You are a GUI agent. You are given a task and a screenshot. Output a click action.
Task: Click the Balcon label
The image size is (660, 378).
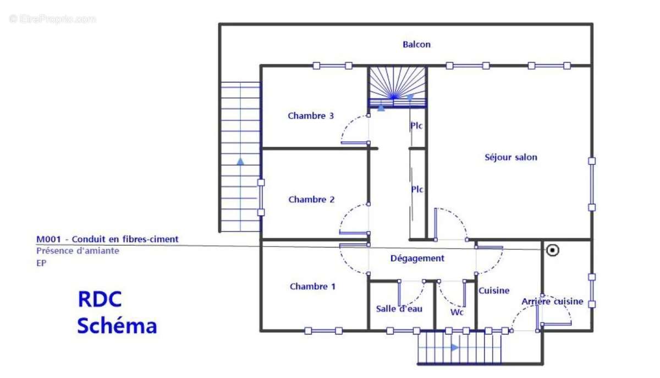click(x=416, y=45)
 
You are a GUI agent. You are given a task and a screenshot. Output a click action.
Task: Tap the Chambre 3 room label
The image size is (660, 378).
click(x=311, y=116)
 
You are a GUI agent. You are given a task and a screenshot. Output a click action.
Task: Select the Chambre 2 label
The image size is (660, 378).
click(x=311, y=200)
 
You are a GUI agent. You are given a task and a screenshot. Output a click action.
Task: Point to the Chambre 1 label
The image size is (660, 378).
click(x=312, y=287)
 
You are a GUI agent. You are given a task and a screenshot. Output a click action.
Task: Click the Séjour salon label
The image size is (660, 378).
click(x=510, y=157)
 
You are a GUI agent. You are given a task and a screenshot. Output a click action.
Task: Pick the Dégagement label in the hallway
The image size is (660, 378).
click(x=417, y=259)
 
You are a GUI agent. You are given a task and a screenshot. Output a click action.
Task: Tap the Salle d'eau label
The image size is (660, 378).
click(x=399, y=309)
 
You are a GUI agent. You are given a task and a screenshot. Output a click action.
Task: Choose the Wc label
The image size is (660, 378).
click(x=457, y=312)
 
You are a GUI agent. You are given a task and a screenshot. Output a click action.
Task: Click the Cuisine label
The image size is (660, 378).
click(x=494, y=291)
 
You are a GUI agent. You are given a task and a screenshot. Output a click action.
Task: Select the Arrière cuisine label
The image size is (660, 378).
click(x=552, y=302)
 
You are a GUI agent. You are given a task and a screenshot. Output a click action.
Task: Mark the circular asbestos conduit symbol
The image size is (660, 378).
click(x=552, y=250)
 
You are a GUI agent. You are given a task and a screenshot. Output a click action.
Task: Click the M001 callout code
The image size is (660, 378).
click(x=48, y=239)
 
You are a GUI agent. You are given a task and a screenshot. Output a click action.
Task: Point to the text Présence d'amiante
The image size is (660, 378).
click(x=78, y=251)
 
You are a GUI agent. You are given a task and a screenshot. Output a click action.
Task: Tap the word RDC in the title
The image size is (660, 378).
click(x=100, y=299)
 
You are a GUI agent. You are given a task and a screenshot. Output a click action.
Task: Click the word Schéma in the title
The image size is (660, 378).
click(x=117, y=326)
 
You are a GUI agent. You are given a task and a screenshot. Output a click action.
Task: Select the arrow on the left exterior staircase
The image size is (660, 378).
click(x=240, y=161)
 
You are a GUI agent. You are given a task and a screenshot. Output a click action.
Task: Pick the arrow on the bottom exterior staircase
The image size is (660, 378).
click(x=455, y=348)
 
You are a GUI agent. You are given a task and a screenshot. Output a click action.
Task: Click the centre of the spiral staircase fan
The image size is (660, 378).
click(x=394, y=96)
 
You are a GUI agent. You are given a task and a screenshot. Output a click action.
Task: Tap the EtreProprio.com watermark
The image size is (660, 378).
click(x=52, y=19)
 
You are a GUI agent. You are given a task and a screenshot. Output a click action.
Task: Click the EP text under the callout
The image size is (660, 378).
click(x=41, y=263)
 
